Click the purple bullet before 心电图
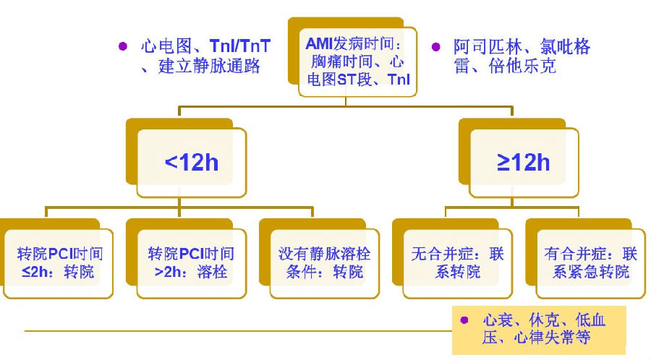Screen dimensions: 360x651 (x=124, y=46)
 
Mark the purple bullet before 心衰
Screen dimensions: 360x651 (x=467, y=319)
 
